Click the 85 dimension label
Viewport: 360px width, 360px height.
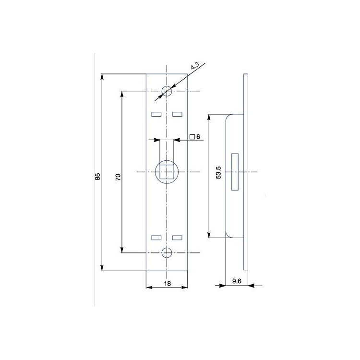tap(98, 176)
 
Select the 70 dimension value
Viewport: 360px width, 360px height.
tap(118, 177)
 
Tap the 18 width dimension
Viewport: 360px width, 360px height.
tap(168, 284)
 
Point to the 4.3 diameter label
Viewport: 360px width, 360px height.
tap(195, 66)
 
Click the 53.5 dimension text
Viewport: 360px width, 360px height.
tap(218, 172)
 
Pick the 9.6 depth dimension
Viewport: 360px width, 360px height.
tap(237, 281)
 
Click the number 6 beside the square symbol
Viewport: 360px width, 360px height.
tap(198, 137)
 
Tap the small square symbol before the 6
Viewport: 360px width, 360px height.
tap(192, 137)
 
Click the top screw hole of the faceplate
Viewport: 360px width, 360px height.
tap(167, 91)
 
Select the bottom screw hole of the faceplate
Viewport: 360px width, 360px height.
tap(167, 253)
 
